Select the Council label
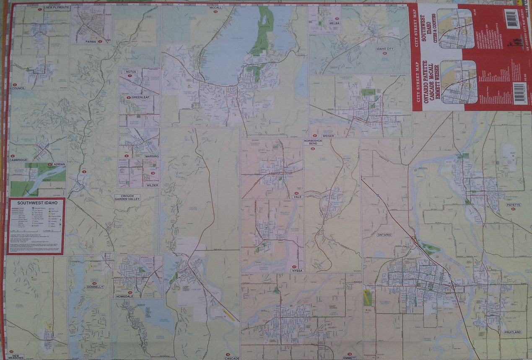pos(19,88)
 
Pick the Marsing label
pos(152,156)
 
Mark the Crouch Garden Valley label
pos(127,197)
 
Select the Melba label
pos(334,23)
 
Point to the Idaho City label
pos(385,49)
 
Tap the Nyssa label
pos(297,271)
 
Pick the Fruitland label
pos(513,332)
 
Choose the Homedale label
pos(124,296)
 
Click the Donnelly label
pos(94,287)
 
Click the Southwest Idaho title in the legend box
pos(35,203)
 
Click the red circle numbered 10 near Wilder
pos(153,173)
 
